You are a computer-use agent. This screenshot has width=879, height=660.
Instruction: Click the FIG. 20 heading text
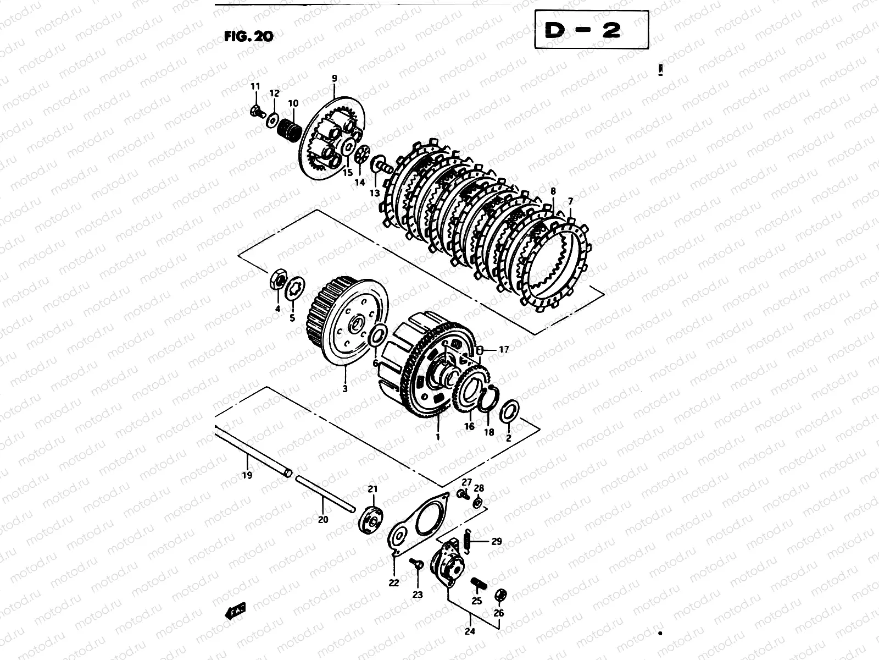click(249, 36)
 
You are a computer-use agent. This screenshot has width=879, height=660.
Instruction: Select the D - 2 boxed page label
click(592, 30)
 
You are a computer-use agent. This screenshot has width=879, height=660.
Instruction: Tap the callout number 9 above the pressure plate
click(335, 79)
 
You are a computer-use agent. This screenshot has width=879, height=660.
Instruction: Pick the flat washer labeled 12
click(273, 119)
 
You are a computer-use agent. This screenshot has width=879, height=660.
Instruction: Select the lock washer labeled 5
click(294, 289)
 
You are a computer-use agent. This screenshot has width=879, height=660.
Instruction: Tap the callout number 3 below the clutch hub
click(345, 388)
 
